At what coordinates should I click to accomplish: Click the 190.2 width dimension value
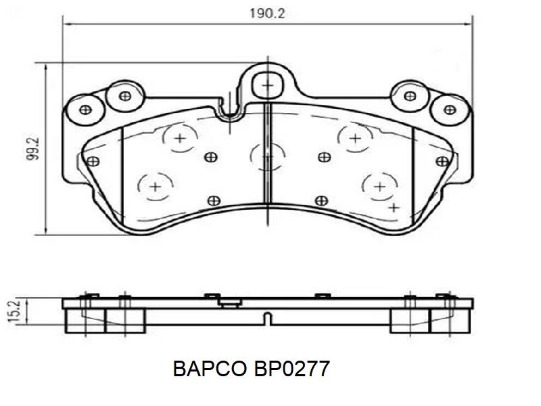point(267,14)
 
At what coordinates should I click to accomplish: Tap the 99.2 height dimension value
point(33,149)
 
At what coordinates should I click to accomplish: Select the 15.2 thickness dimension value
point(14,311)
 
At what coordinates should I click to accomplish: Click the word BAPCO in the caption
point(210,369)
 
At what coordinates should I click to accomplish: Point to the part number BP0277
point(292,369)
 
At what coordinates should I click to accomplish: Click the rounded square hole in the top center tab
point(268,85)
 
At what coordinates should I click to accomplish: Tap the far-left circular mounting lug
point(85,110)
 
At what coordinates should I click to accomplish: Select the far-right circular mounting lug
point(450,110)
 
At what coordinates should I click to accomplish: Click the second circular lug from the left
point(125,96)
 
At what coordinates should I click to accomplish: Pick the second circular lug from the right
point(410,96)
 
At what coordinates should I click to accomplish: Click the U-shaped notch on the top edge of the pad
point(230,112)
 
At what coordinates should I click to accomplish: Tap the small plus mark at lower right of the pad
point(394,208)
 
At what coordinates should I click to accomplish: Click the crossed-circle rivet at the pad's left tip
point(93,161)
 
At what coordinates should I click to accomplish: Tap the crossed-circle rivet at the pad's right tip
point(442,161)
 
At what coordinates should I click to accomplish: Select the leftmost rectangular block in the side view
point(85,321)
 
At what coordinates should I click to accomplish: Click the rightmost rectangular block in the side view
point(450,321)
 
